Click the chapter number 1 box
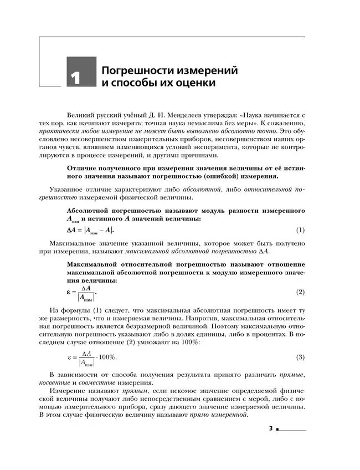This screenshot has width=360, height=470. (81, 72)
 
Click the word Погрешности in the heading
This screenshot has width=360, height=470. (131, 71)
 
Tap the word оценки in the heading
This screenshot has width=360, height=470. (194, 84)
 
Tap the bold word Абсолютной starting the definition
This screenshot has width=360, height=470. (90, 211)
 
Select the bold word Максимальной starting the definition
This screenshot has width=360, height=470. (94, 263)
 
